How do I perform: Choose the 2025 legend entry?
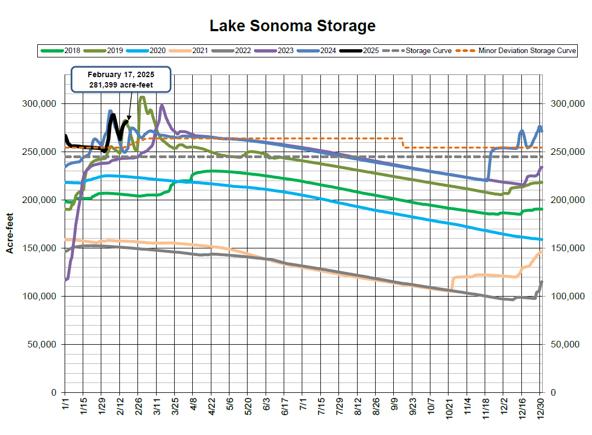click(359, 51)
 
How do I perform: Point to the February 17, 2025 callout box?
click(122, 80)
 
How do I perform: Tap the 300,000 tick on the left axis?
click(41, 104)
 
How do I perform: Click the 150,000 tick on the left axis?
click(41, 248)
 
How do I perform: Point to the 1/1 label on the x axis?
click(65, 408)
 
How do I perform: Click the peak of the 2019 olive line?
click(142, 97)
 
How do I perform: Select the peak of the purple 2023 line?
click(162, 106)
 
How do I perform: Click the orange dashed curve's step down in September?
click(404, 143)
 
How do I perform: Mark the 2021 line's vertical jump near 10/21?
click(452, 283)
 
